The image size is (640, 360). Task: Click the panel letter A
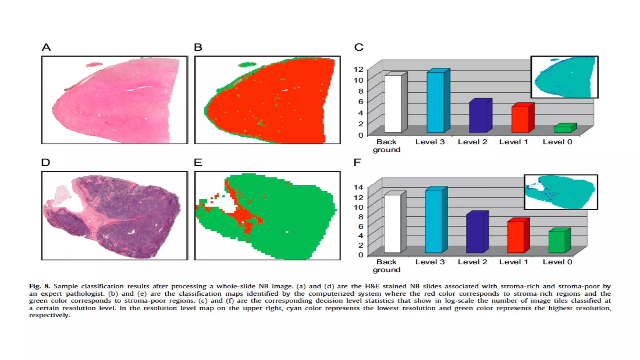click(x=46, y=47)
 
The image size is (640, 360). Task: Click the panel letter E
click(x=198, y=162)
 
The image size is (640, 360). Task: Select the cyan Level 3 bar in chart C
click(x=436, y=102)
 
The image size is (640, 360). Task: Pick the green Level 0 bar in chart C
click(x=562, y=129)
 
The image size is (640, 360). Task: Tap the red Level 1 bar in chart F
click(x=516, y=237)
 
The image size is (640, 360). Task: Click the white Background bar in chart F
click(x=392, y=223)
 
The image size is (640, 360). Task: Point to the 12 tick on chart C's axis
click(x=358, y=69)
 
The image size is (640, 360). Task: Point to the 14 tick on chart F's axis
click(x=358, y=187)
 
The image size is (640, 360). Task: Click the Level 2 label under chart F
click(x=472, y=262)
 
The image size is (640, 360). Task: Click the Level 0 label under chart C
click(x=557, y=142)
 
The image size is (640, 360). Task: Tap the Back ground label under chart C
click(x=386, y=146)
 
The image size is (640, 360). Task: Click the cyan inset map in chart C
click(x=564, y=77)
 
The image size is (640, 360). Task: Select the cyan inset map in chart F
click(x=561, y=192)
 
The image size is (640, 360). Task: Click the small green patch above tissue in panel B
click(x=247, y=65)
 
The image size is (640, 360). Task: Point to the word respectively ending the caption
click(x=49, y=315)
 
